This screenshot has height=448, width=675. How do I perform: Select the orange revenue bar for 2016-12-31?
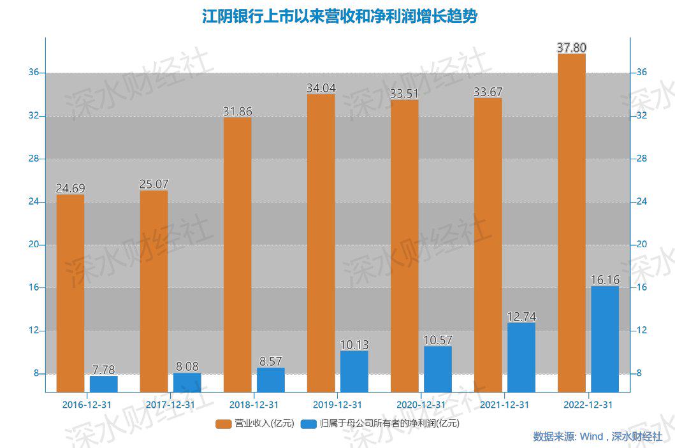point(70,293)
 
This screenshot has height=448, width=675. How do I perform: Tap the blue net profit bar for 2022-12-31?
point(605,339)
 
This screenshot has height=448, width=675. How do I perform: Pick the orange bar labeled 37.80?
point(571,223)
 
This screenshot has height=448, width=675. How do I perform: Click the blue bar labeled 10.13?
point(354,372)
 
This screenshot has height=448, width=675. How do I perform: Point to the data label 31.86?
point(238,112)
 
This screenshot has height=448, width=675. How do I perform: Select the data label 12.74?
point(521,316)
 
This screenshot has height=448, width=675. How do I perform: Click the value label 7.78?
point(104,370)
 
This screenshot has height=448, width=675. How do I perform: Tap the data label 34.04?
point(321,88)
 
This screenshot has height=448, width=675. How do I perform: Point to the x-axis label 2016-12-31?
point(87,405)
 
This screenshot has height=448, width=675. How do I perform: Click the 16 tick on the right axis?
point(642,287)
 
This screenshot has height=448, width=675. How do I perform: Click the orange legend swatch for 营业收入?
point(224,423)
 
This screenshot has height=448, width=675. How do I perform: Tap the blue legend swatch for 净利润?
point(309,423)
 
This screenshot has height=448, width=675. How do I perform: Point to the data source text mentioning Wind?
point(597,437)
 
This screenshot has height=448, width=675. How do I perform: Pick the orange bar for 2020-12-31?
point(405,245)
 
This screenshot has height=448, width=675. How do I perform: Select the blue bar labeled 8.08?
point(187,382)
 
